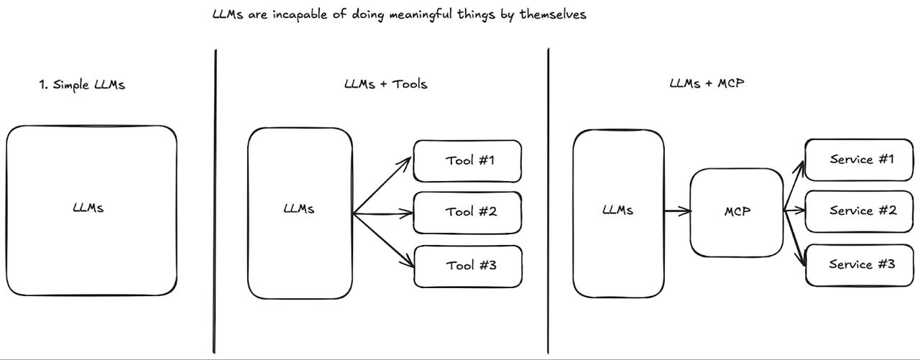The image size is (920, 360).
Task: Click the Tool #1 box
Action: coord(467,160)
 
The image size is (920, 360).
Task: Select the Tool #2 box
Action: coord(467,213)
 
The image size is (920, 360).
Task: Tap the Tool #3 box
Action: coord(468,266)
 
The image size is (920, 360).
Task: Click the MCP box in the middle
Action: coord(737,212)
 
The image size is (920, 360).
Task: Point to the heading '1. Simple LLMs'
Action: coord(82,85)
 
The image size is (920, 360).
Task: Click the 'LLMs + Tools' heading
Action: coord(385,84)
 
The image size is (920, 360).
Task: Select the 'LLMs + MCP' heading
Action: coord(707,83)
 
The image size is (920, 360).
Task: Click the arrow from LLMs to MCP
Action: coord(677,211)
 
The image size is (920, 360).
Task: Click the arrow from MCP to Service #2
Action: coord(794,211)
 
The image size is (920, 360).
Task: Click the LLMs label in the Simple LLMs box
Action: coord(88,208)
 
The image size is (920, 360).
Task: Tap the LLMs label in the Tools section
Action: coord(299,209)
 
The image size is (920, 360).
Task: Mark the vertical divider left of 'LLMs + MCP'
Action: coord(548,201)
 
